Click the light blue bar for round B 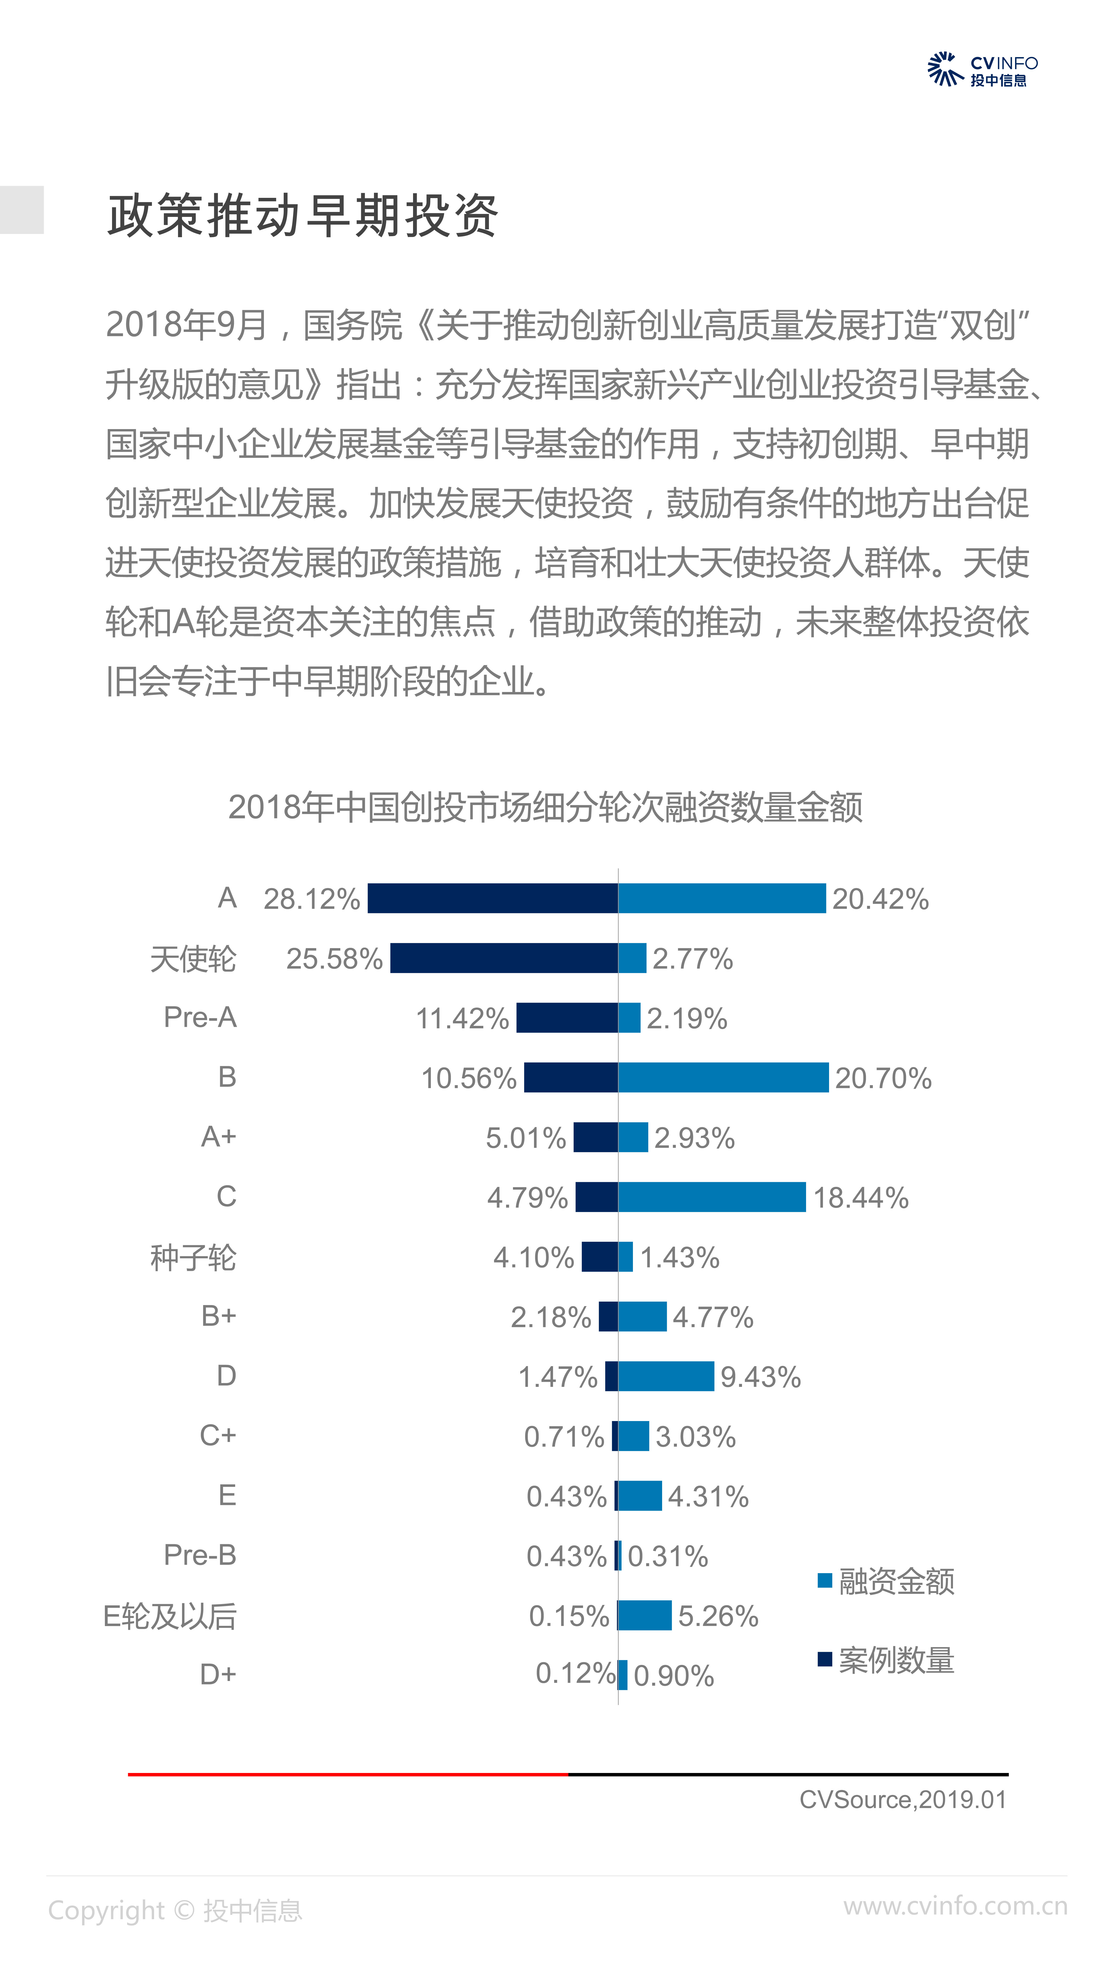(723, 1077)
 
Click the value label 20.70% (883, 1078)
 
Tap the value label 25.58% (334, 958)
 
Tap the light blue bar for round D (666, 1376)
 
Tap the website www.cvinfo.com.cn (955, 1906)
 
